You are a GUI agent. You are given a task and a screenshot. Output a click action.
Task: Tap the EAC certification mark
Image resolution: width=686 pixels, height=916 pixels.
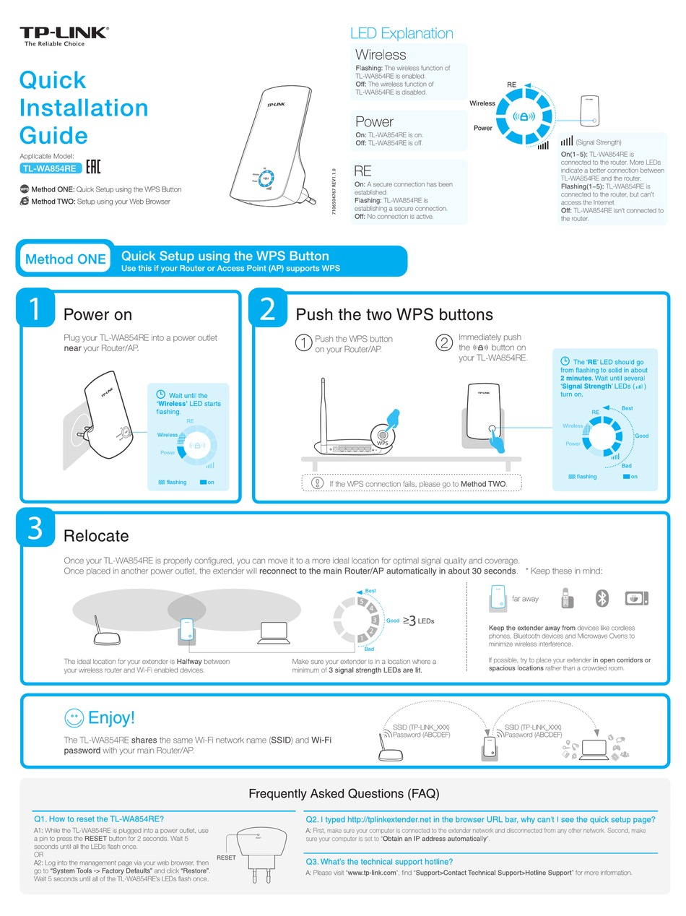93,168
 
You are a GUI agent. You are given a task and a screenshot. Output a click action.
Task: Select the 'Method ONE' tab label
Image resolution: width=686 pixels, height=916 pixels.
65,259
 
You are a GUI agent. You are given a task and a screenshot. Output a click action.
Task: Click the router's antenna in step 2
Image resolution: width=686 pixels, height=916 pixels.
322,412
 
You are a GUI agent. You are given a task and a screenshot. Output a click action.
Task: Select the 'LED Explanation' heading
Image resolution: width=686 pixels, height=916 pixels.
401,33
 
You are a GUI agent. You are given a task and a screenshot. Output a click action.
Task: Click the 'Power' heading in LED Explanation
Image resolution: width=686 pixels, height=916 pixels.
374,121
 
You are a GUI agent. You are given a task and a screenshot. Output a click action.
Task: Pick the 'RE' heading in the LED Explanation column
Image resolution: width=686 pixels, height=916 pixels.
362,171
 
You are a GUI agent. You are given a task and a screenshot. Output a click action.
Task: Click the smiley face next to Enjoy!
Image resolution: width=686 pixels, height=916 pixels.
74,717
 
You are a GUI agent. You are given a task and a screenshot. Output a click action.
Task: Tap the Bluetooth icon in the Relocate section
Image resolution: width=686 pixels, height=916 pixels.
602,598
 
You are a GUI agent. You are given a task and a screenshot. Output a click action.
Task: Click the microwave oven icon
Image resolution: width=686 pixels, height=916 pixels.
636,598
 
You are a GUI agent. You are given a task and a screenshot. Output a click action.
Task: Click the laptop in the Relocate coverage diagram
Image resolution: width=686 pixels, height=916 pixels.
273,632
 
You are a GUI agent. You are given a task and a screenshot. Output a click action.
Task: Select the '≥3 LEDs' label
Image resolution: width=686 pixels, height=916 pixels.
419,620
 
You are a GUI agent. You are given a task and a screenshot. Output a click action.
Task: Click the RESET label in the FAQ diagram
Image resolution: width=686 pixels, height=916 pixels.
226,857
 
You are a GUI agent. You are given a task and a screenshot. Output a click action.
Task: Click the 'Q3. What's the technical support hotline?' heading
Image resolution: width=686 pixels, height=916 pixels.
379,861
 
